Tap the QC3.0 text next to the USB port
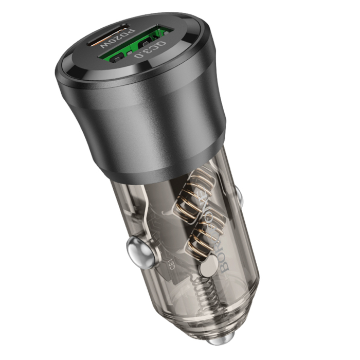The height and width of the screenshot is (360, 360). tap(150, 50)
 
